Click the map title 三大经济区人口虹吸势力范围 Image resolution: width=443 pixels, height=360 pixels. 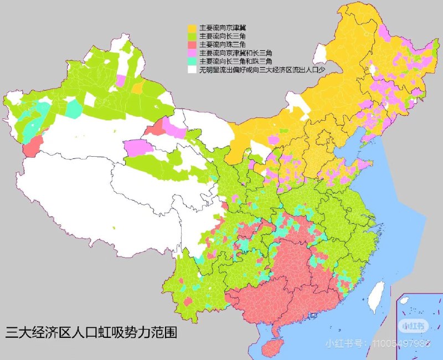click(91, 334)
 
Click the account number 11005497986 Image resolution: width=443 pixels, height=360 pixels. click(401, 344)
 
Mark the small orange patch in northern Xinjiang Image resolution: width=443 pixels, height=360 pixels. click(137, 88)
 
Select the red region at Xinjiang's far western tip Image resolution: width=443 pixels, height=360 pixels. click(33, 146)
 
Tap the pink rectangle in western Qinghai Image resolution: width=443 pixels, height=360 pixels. click(138, 148)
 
